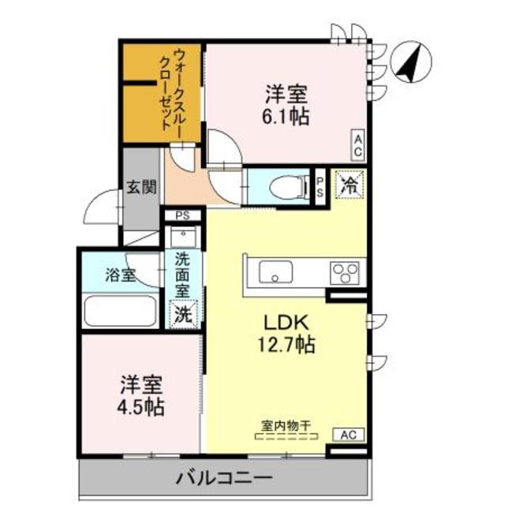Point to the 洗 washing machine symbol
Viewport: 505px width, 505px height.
click(182, 312)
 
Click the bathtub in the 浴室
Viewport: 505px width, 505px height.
click(120, 312)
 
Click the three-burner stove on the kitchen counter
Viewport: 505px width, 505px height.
click(345, 271)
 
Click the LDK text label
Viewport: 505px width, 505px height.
click(284, 323)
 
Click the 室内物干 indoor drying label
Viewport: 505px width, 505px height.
click(286, 426)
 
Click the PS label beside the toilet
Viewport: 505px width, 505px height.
click(320, 186)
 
